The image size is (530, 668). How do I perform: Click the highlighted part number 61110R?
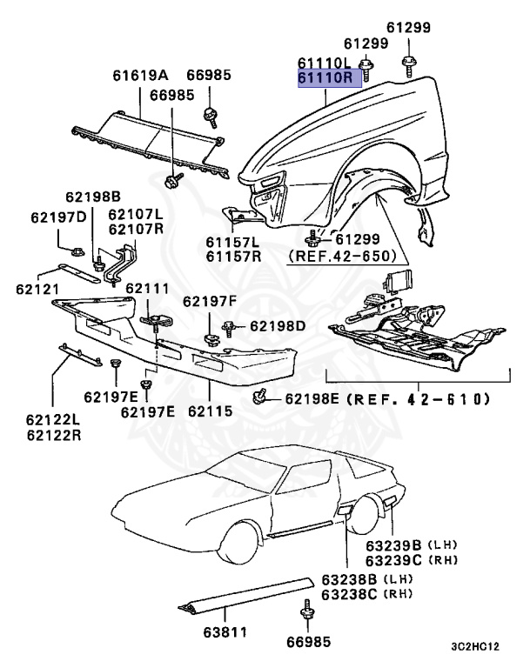(x=324, y=78)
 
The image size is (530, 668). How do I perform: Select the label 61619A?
(x=139, y=76)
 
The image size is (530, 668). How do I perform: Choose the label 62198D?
(x=278, y=326)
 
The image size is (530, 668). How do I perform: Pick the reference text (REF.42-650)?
(x=343, y=257)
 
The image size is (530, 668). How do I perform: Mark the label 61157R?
(x=232, y=257)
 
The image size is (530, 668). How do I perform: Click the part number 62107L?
(x=135, y=214)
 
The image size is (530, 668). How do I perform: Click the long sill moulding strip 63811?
(x=248, y=594)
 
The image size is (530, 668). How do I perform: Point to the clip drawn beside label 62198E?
(x=258, y=397)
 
